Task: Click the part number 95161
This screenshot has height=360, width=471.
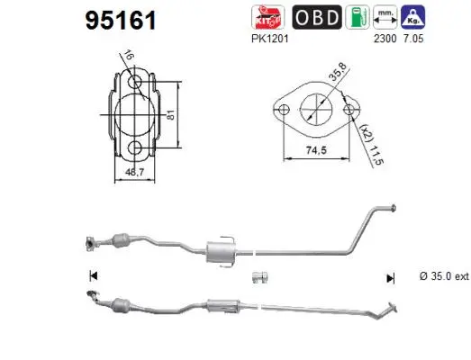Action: (122, 21)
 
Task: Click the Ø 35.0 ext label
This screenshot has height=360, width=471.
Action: (444, 277)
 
